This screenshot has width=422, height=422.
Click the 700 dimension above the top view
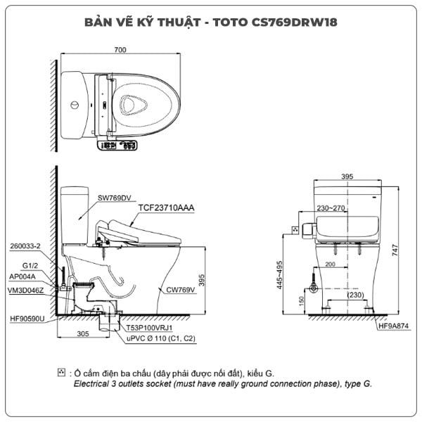[x=120, y=50]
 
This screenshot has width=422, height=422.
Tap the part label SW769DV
[x=115, y=198]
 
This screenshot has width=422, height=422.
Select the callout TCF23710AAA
[x=166, y=207]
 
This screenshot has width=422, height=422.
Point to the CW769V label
[x=180, y=290]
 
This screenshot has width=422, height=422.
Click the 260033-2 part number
[x=25, y=246]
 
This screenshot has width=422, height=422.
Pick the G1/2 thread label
[x=30, y=266]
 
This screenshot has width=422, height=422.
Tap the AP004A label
[x=23, y=276]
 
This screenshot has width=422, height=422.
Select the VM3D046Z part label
[x=25, y=290]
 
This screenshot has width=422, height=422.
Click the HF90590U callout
[x=27, y=319]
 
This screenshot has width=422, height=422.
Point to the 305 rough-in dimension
[x=83, y=333]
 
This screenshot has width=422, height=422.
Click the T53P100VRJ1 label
[x=149, y=328]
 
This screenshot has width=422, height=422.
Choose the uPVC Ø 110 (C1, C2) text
[x=161, y=338]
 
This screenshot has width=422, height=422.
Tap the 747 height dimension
[x=395, y=250]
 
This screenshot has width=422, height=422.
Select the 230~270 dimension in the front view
[x=331, y=208]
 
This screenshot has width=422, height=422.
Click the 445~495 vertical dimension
[x=279, y=275]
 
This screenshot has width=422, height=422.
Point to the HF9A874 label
[x=393, y=326]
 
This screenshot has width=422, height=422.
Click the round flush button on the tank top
[x=75, y=105]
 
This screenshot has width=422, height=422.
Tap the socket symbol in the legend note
[x=61, y=373]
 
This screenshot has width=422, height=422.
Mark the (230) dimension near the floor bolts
[x=355, y=295]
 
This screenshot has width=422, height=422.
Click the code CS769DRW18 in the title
[x=294, y=23]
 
